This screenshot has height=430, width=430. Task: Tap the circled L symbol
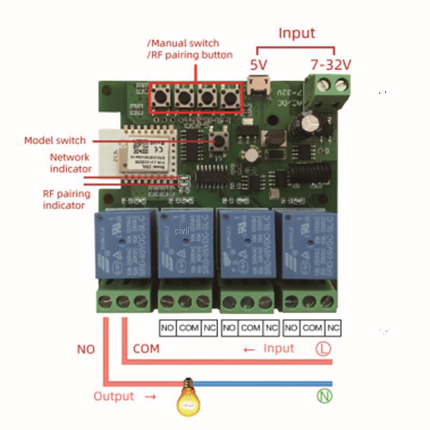(323, 349)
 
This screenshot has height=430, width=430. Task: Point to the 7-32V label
(331, 65)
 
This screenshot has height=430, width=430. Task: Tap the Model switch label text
(55, 140)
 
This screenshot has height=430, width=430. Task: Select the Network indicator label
(70, 163)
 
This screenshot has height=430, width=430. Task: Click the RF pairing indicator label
(67, 199)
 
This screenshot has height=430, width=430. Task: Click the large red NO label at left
(86, 349)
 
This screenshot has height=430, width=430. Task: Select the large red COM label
(146, 349)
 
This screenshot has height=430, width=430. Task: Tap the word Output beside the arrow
(113, 397)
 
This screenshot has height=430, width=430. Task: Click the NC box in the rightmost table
(333, 327)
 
